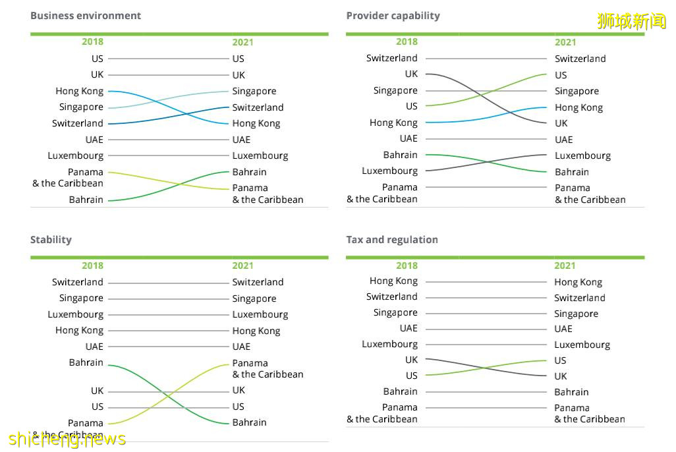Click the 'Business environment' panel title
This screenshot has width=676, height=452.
[86, 15]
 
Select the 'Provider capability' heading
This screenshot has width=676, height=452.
[393, 15]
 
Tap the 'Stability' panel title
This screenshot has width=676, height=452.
[51, 239]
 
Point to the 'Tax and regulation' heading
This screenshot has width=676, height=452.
[392, 239]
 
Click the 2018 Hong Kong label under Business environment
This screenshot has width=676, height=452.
[79, 91]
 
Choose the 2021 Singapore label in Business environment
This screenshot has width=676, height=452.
[254, 91]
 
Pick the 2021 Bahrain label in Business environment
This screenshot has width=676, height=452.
[249, 172]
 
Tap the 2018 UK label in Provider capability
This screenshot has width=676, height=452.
[411, 74]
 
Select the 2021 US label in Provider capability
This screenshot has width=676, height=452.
[561, 75]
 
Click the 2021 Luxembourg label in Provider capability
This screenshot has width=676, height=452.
[582, 155]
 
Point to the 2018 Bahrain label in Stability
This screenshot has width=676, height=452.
[86, 362]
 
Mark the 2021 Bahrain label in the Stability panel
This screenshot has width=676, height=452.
[249, 422]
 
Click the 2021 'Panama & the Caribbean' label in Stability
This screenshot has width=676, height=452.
[268, 368]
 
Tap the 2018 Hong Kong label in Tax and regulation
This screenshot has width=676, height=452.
[393, 281]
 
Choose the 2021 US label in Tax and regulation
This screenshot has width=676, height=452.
[560, 360]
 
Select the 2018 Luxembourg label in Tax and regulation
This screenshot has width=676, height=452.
[389, 344]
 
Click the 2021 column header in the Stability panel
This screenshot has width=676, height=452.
[242, 266]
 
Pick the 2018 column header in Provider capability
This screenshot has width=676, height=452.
[407, 42]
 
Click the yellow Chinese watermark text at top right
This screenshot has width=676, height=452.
[631, 21]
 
